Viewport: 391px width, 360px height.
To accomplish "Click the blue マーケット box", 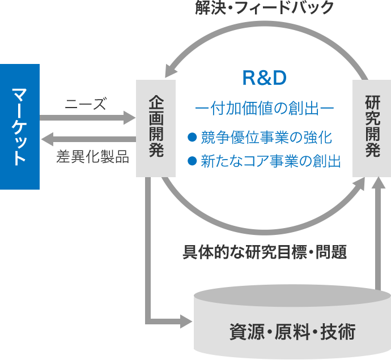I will (20, 126).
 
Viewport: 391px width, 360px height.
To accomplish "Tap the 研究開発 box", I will (372, 127).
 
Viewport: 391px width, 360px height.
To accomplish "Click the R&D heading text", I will (264, 78).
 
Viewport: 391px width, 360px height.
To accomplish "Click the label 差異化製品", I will (92, 157).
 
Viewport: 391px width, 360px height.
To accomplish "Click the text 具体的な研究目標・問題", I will (265, 252).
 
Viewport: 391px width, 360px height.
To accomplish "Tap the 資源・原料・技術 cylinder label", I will (292, 331).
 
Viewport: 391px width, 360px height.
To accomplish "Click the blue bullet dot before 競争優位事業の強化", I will (192, 136).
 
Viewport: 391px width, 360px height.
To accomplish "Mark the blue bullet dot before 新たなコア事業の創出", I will (192, 161).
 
